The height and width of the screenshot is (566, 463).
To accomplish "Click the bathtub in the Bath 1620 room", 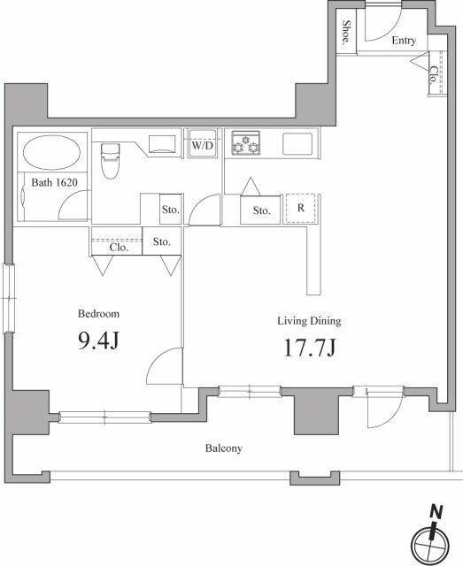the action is click(51, 152).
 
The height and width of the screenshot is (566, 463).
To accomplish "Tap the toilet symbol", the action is click(111, 161).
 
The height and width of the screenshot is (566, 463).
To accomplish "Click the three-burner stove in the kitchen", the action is click(246, 143).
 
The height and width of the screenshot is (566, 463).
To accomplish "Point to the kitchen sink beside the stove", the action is click(297, 143).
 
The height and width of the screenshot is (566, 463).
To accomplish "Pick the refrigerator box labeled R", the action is click(301, 209).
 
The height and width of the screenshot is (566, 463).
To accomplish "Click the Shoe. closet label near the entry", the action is click(346, 32).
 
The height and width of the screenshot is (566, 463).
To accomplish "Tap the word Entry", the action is click(404, 40).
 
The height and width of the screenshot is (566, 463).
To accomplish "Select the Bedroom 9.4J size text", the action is click(98, 340).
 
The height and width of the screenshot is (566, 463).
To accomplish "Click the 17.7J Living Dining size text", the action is click(310, 348).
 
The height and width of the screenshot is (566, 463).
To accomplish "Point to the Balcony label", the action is click(224, 448).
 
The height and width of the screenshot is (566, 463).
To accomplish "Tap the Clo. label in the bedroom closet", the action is click(119, 248).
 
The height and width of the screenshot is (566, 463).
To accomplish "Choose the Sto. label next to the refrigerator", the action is click(262, 210).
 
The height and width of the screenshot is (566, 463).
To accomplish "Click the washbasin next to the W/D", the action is click(163, 144).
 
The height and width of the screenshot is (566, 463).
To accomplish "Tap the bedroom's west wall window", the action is click(9, 299).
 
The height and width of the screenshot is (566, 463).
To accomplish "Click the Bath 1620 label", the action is click(55, 183).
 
